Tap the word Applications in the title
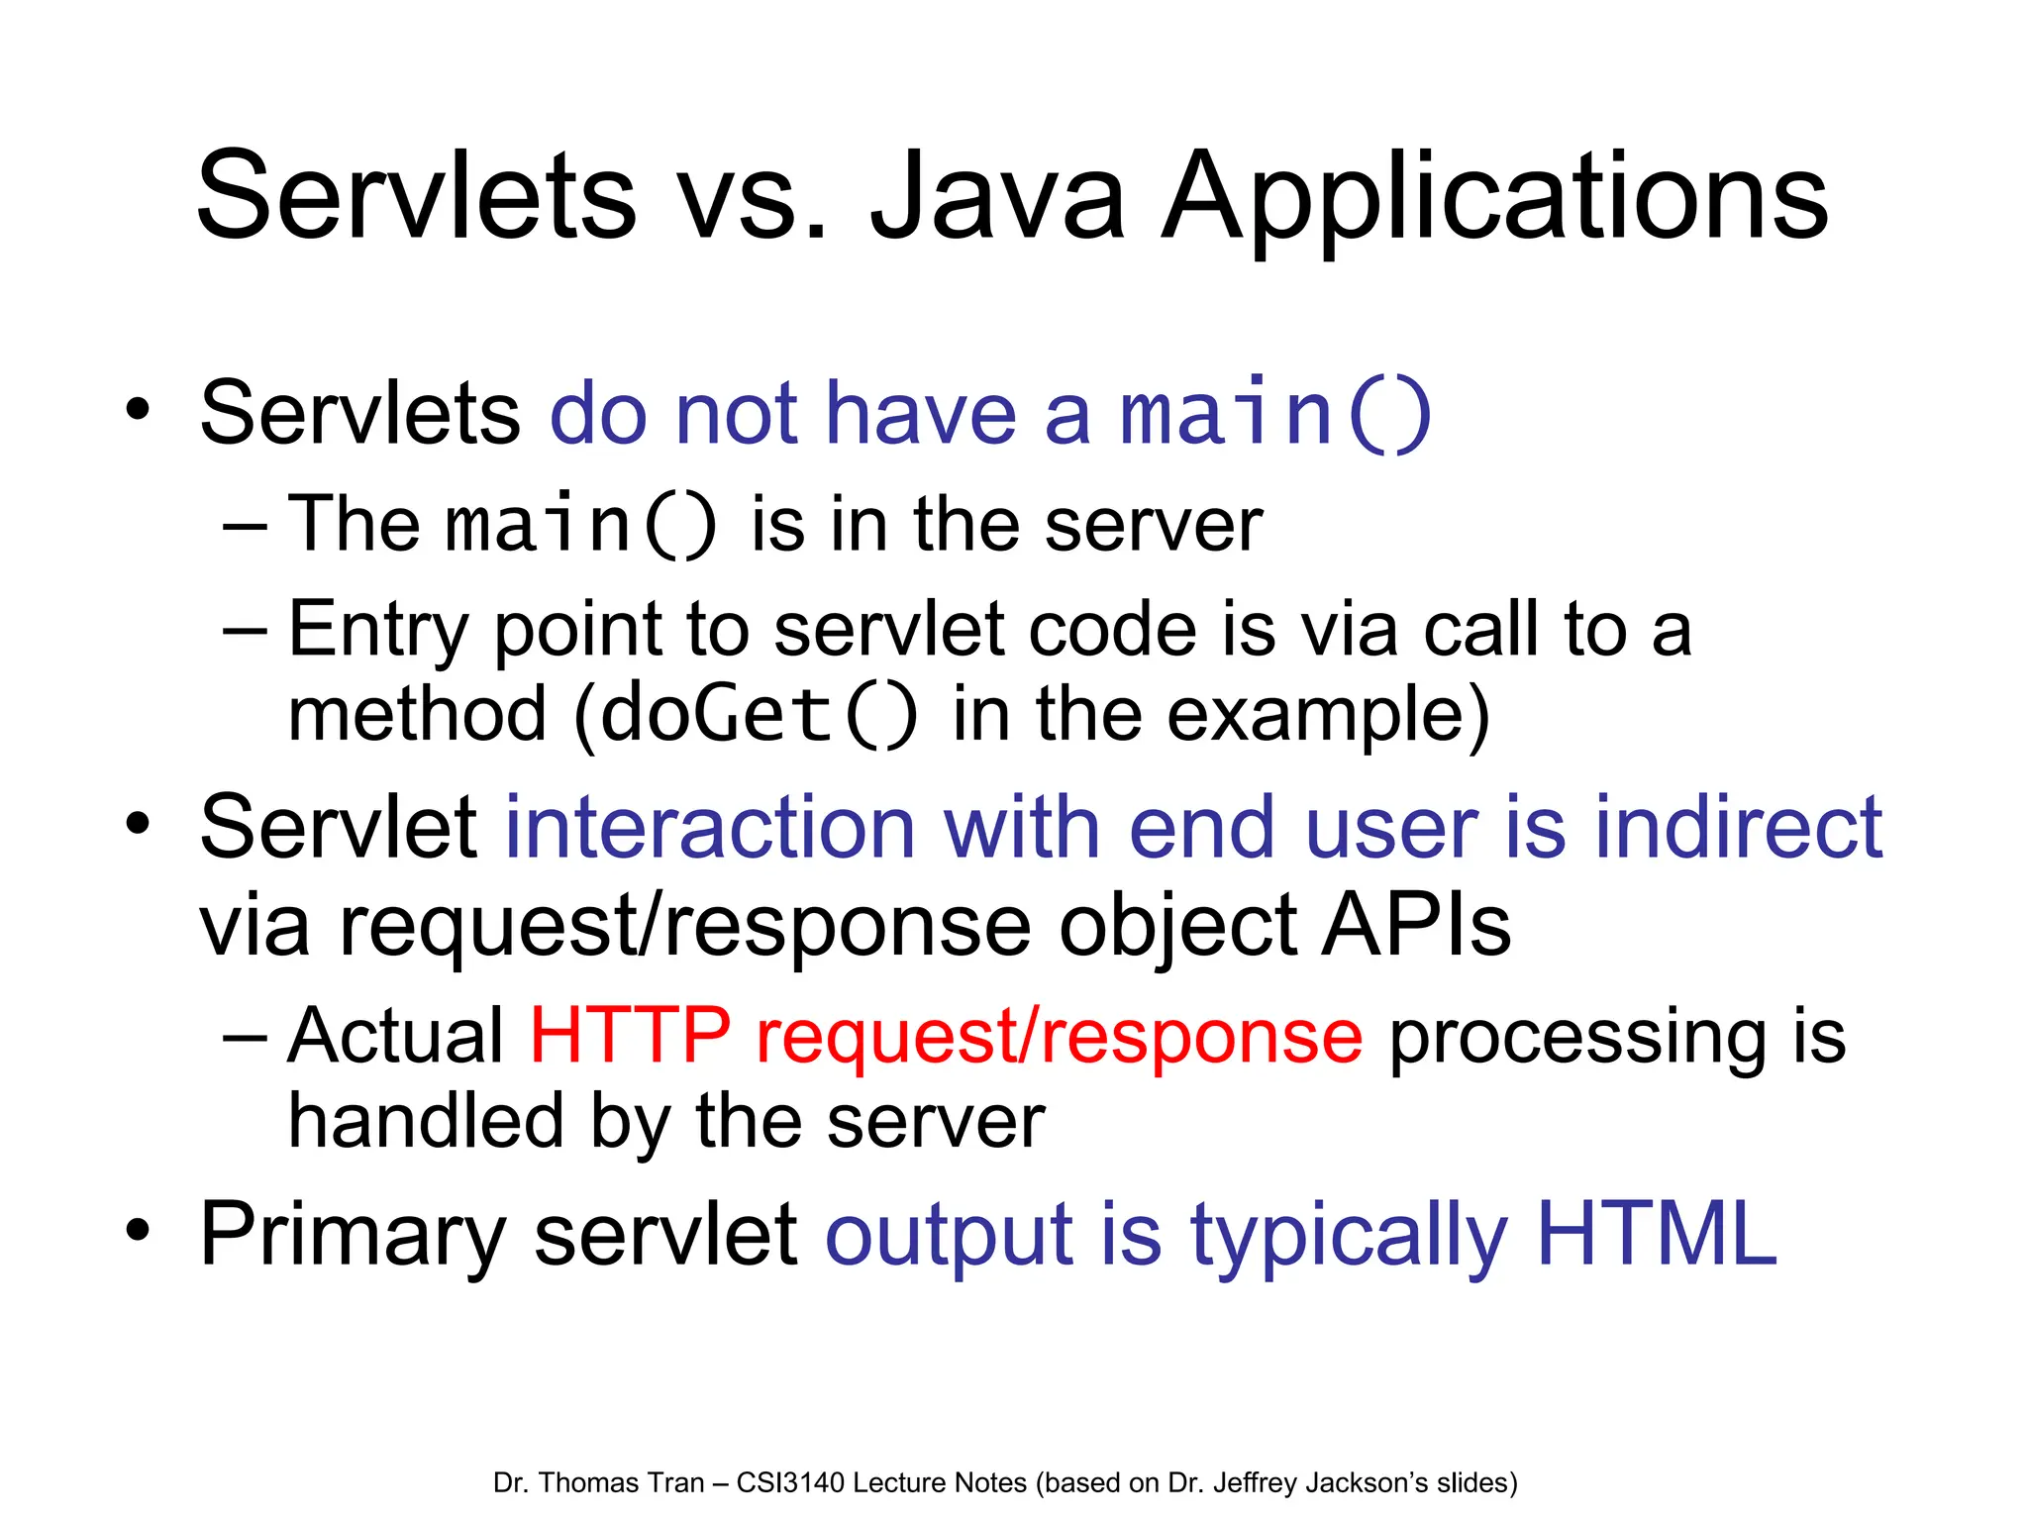[1493, 198]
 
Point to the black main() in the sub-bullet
[580, 525]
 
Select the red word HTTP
[631, 1036]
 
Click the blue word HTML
[1657, 1234]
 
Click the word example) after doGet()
[1328, 715]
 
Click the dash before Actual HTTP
[245, 1037]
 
